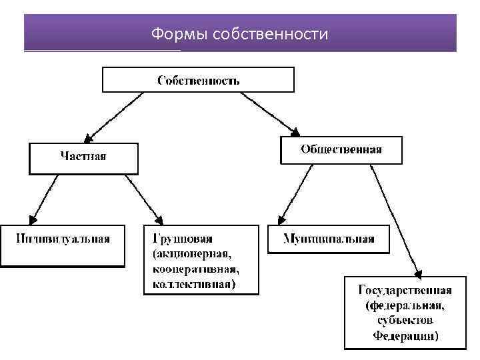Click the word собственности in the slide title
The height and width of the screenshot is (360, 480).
coord(269,33)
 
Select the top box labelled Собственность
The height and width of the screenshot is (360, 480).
coord(198,80)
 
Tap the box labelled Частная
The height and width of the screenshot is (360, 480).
coord(83,157)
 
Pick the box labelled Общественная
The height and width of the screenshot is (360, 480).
coord(341,150)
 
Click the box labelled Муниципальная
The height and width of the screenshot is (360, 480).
coord(329,239)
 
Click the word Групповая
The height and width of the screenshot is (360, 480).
coord(183,238)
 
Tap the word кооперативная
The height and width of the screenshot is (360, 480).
coord(195,269)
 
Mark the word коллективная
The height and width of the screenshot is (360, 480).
coord(193,285)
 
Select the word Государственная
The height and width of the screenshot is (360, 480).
coord(405,290)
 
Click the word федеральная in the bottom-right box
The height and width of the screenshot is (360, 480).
coord(405,305)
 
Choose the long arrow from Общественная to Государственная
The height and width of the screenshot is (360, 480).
coord(396,220)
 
